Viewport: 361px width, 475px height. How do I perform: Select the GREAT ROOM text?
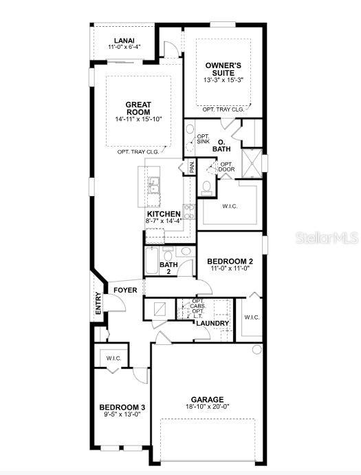(138, 109)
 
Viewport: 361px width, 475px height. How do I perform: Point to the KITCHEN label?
(163, 214)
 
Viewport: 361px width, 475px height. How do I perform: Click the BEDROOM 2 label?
(230, 261)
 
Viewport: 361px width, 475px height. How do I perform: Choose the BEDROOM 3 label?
(121, 407)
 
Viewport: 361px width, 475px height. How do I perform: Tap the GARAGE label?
(207, 399)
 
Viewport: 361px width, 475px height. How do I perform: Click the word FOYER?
(125, 290)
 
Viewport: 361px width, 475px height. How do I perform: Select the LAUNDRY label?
(212, 323)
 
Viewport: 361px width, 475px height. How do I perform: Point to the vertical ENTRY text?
(98, 304)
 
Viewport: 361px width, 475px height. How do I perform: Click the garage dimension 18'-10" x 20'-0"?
(207, 408)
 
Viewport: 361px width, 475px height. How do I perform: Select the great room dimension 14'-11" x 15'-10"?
(138, 119)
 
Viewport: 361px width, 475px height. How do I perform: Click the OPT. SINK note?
(204, 140)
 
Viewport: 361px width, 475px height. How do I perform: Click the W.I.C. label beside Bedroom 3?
(113, 358)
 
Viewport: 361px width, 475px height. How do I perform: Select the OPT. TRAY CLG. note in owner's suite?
(223, 109)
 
